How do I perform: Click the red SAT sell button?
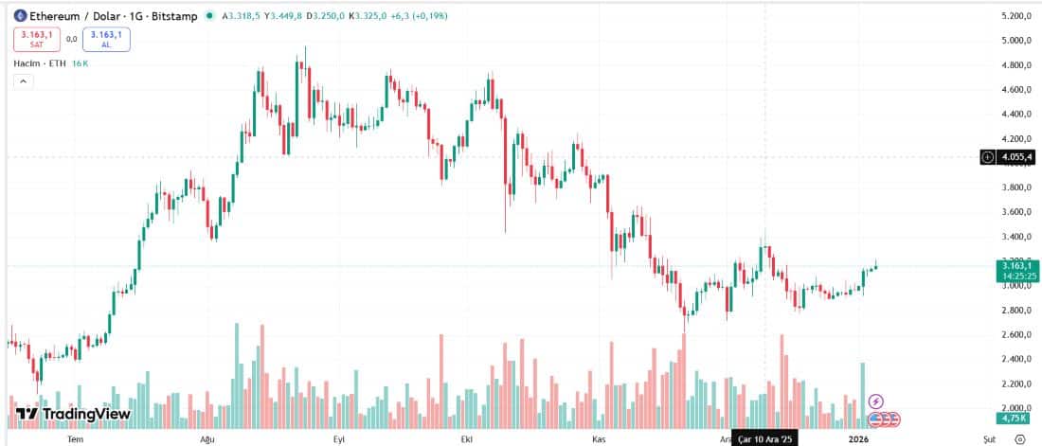(36, 39)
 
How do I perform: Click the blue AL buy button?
(106, 39)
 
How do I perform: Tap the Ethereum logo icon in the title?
(19, 16)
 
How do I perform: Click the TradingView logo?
(73, 414)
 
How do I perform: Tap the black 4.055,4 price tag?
(1015, 157)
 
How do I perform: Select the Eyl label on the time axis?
(338, 439)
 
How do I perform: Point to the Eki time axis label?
(466, 439)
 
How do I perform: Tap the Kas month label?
(598, 439)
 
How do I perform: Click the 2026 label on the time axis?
(859, 439)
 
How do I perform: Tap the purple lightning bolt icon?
(876, 402)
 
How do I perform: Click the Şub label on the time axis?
(989, 439)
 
